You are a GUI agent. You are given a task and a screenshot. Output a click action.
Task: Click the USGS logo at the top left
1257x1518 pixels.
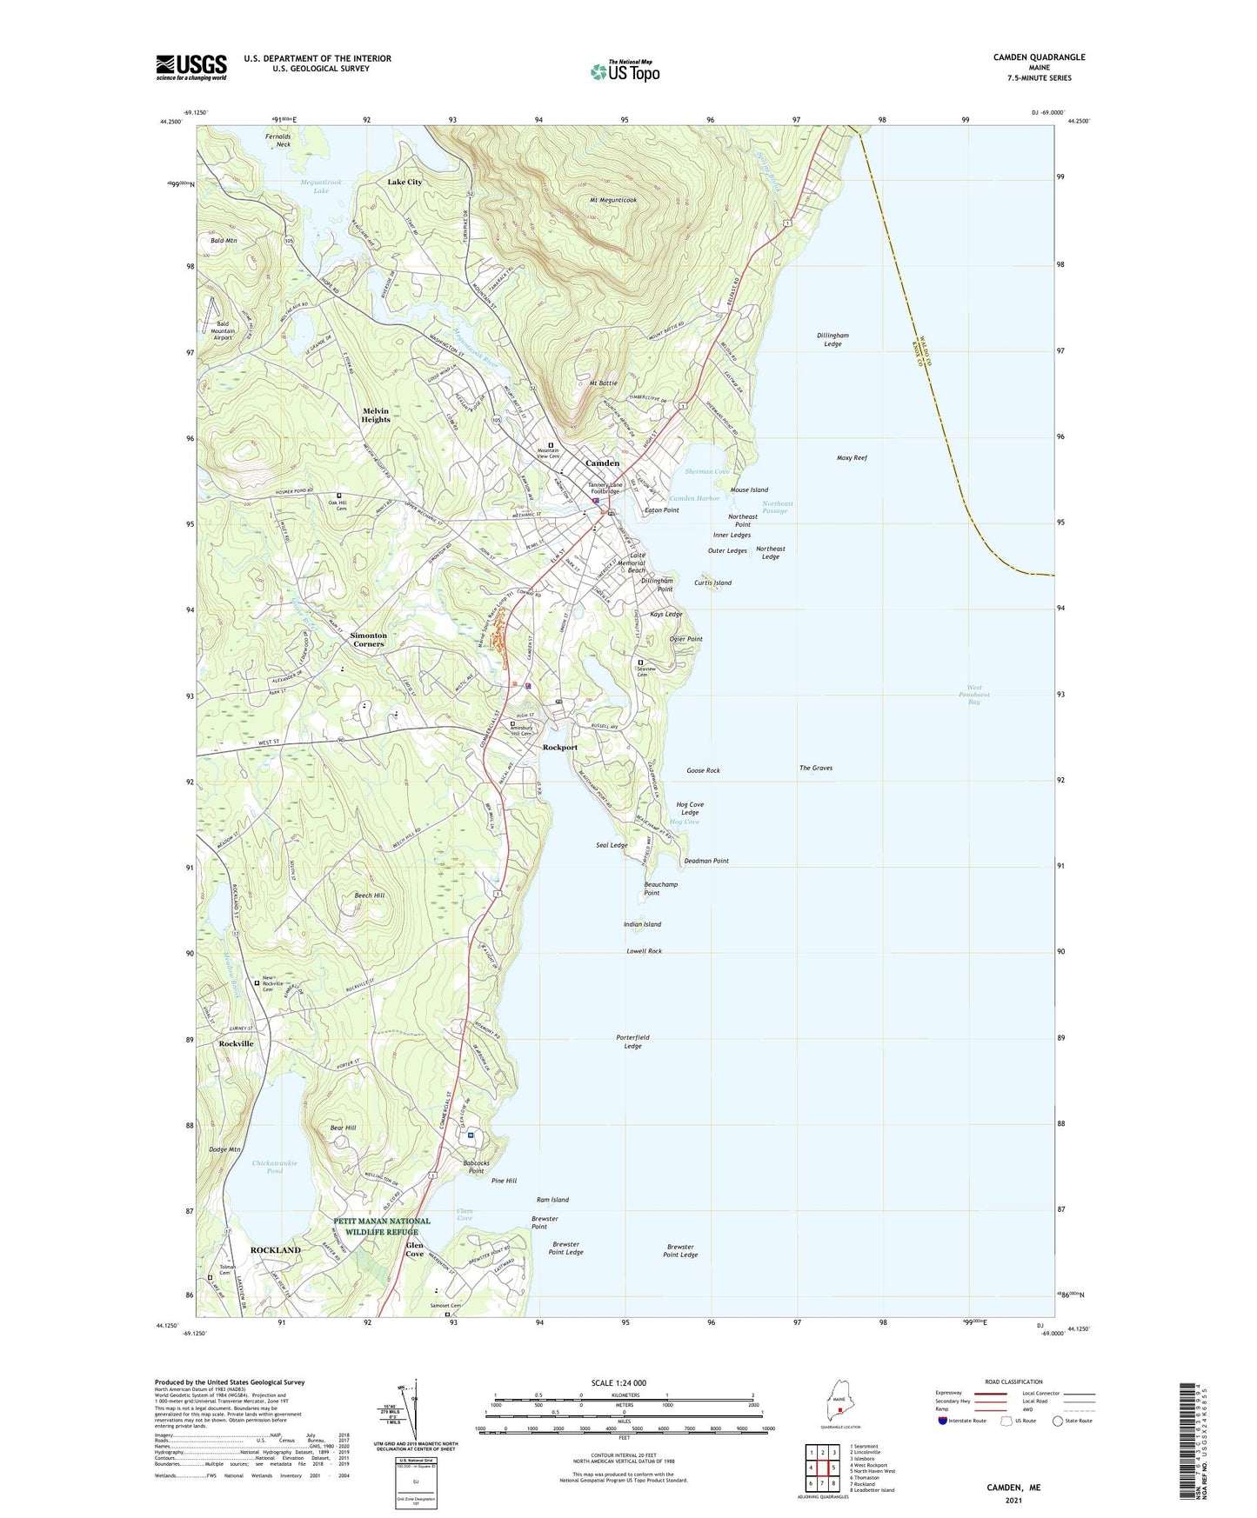point(191,67)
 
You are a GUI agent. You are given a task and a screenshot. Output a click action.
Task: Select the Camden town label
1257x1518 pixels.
point(602,463)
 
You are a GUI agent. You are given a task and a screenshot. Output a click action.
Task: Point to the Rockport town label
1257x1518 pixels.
point(559,748)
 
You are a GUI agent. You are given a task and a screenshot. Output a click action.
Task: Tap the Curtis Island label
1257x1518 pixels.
point(712,583)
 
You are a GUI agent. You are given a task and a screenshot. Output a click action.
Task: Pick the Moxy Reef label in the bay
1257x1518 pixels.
point(852,457)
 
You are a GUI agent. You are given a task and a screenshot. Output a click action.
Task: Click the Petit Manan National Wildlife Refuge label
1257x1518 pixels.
point(382,1226)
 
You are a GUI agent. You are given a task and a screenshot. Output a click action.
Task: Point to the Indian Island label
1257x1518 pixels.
point(642,924)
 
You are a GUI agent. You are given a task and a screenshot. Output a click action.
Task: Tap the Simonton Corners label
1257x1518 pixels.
point(368,640)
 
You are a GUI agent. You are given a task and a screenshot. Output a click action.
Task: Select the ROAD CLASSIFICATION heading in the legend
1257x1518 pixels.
point(1013,1382)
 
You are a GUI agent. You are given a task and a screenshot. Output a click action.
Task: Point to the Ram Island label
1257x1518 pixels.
point(552,1200)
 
